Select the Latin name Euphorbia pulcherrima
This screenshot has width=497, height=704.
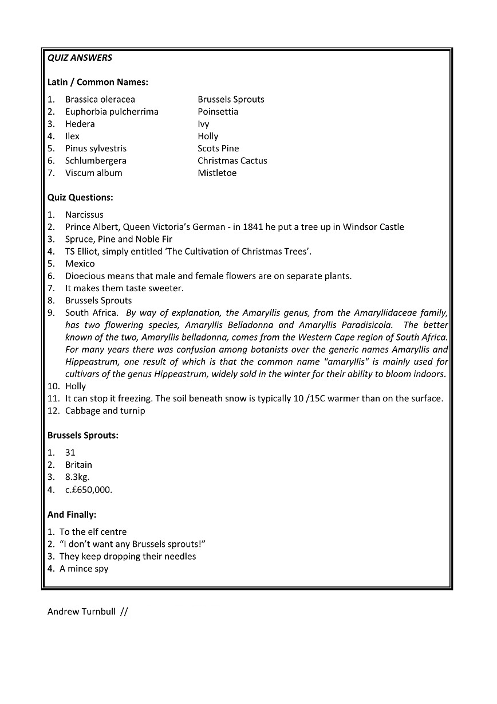tap(112, 112)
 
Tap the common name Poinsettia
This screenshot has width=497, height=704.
tap(218, 112)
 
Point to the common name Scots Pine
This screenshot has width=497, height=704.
tap(218, 148)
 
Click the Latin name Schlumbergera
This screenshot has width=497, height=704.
tap(96, 161)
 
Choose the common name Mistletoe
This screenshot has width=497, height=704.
tap(217, 173)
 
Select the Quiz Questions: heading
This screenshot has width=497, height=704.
tap(80, 198)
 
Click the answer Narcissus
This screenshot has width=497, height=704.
tap(84, 215)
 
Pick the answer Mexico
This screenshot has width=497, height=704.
tap(80, 264)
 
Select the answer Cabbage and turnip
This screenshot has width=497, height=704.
tap(105, 411)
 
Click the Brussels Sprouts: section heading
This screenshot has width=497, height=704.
tap(83, 436)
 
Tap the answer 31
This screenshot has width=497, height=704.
tap(70, 453)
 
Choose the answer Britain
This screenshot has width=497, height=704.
tap(78, 465)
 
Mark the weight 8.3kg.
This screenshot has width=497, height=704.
tap(77, 477)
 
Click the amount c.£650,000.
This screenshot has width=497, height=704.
tap(89, 490)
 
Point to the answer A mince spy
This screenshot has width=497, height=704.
tap(84, 569)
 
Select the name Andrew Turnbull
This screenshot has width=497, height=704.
tap(81, 612)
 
